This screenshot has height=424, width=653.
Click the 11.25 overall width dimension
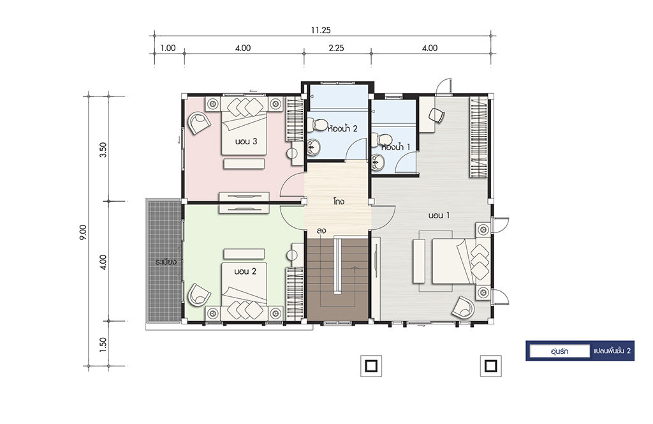320,30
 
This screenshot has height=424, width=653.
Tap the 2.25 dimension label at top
336,48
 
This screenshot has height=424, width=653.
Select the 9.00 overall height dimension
83,232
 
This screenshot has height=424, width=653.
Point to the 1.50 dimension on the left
103,344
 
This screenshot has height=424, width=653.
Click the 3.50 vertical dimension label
103,149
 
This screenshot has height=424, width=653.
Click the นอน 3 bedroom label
246,141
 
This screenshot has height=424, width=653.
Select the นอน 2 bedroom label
245,271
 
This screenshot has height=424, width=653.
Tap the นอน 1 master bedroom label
439,216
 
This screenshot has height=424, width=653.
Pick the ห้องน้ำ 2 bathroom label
342,128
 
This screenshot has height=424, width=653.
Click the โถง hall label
338,201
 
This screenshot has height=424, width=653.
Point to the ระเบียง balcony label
166,262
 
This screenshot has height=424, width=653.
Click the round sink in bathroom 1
378,162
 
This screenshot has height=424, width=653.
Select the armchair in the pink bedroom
199,123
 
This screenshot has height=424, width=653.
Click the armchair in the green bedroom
199,295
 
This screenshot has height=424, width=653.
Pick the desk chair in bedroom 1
436,115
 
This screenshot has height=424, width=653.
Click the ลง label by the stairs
321,231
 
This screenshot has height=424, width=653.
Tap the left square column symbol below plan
371,366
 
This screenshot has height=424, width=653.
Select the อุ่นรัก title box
559,351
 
